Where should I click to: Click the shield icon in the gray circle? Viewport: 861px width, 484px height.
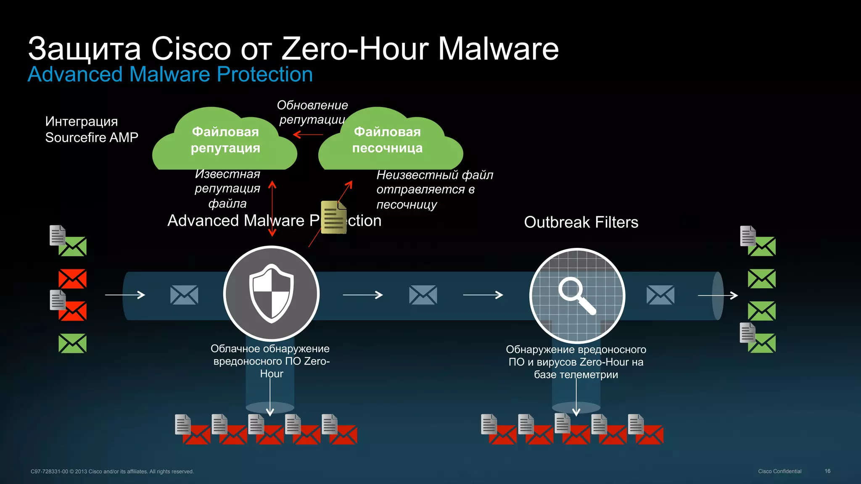[271, 293]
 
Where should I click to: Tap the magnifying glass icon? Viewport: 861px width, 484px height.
[576, 295]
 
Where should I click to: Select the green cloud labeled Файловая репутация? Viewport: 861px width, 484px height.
[225, 140]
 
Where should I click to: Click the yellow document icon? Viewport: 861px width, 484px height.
[333, 217]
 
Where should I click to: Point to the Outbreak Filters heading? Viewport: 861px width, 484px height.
[581, 222]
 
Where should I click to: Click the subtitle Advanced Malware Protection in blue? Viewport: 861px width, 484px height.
[170, 74]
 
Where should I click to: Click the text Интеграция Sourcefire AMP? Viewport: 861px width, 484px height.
[91, 129]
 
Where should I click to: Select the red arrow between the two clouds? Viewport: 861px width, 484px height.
[308, 134]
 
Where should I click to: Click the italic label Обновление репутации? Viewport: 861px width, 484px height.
[312, 112]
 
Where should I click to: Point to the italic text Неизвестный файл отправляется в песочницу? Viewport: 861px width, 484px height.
[434, 189]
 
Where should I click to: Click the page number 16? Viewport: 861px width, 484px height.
[827, 471]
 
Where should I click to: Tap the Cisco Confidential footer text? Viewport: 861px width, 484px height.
[779, 471]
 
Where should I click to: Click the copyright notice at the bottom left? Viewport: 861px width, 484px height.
[112, 471]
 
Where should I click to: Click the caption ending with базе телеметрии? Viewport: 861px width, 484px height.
[576, 362]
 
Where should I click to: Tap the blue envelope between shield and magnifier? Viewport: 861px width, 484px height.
[423, 295]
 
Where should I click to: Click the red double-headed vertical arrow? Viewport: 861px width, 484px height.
[272, 208]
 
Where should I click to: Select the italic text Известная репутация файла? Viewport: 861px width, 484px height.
[227, 189]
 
